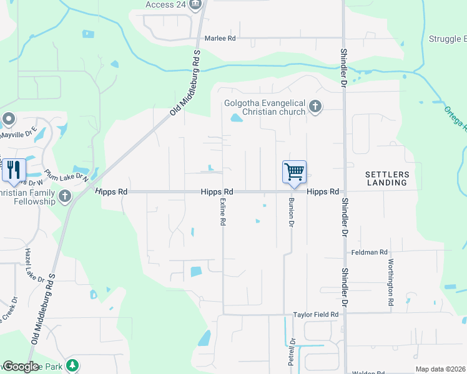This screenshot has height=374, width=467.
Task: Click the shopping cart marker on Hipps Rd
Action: pyautogui.click(x=294, y=171)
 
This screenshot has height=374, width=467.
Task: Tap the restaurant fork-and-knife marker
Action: pyautogui.click(x=13, y=169)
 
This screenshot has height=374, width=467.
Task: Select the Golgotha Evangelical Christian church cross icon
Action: pyautogui.click(x=315, y=107)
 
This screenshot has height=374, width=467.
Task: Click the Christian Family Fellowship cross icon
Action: pyautogui.click(x=64, y=198)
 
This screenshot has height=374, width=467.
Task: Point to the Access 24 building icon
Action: pyautogui.click(x=196, y=4)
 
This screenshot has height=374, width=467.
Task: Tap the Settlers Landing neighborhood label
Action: pyautogui.click(x=386, y=178)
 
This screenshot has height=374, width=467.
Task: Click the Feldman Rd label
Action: pyautogui.click(x=370, y=252)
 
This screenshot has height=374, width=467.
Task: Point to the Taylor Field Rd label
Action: pyautogui.click(x=315, y=315)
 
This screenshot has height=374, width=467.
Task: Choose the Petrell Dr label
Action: pyautogui.click(x=291, y=351)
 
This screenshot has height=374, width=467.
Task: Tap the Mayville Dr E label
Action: pyautogui.click(x=18, y=132)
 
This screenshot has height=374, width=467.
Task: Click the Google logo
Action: pyautogui.click(x=21, y=367)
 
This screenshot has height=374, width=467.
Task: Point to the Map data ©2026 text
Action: pyautogui.click(x=441, y=369)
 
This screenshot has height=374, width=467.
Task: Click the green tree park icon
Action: pyautogui.click(x=73, y=365)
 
